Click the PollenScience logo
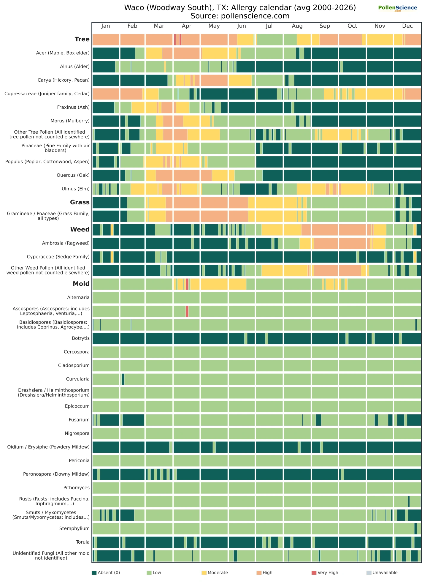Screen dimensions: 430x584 (397, 8)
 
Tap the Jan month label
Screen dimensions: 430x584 (106, 26)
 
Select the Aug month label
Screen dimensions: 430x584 (297, 26)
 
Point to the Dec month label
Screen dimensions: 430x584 (407, 26)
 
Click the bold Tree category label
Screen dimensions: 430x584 (82, 39)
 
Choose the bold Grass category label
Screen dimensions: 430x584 (80, 202)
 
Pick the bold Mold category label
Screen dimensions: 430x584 (81, 284)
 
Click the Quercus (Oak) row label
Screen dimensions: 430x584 (73, 175)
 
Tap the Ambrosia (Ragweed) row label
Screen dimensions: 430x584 (66, 243)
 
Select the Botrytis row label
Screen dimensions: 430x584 (81, 338)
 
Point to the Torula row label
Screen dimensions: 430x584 (83, 542)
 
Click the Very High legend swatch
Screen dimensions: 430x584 (314, 573)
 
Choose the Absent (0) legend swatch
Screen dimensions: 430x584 (94, 573)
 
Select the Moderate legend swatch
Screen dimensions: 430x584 (204, 573)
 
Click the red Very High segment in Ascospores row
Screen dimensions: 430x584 (187, 311)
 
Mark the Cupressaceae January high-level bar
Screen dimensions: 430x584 (106, 94)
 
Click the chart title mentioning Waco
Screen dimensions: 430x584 (240, 7)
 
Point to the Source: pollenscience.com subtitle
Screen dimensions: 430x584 (240, 16)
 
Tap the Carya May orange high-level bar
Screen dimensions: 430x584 (214, 80)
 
